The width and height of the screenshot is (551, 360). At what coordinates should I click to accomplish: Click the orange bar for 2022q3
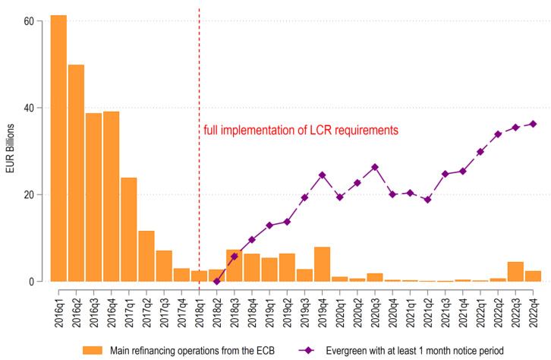515,272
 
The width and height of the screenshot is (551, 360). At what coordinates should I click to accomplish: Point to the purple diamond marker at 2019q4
322,175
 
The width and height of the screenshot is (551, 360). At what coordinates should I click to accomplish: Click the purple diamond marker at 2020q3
374,167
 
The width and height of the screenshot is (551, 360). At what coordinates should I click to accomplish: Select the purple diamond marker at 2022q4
533,124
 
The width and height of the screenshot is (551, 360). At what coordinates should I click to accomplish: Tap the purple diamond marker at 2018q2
216,281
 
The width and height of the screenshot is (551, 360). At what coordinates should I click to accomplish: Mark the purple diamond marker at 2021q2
427,200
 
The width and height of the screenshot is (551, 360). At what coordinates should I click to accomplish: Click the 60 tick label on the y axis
29,21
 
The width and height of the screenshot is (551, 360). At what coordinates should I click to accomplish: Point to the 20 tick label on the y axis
29,194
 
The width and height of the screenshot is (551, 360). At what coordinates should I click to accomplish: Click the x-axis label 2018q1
199,304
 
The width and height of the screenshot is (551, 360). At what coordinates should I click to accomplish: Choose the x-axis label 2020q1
339,304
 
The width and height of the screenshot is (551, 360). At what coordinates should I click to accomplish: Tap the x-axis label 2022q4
533,304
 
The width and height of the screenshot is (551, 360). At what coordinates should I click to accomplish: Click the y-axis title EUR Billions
10,151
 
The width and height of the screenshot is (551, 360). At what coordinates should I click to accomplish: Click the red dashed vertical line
199,76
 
